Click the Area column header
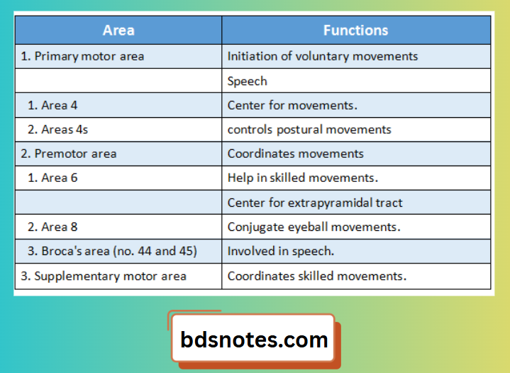118,31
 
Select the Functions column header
355,31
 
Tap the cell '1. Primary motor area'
82,56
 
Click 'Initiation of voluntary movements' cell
323,56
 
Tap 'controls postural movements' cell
309,129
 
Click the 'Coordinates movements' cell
296,153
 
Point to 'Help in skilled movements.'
303,178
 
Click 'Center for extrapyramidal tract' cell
315,202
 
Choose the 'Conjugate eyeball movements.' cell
314,227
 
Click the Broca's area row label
112,252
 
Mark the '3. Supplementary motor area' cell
104,276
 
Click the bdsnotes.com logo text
255,339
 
